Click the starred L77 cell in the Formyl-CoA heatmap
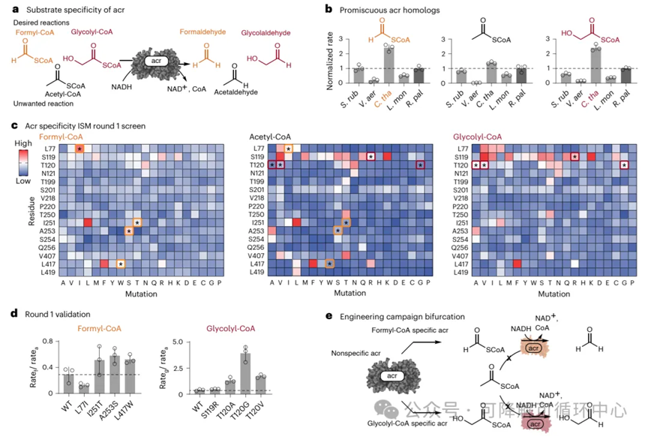(79, 150)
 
